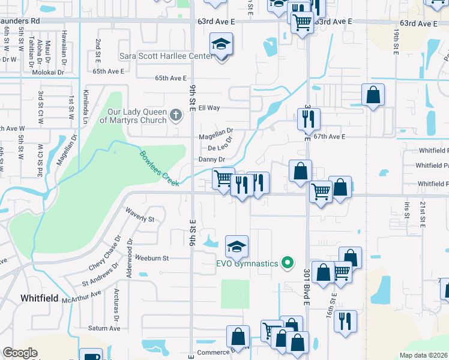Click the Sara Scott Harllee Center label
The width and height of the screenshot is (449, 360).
click(166, 56)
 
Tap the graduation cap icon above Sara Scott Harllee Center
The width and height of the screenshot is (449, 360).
click(221, 44)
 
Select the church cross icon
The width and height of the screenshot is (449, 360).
click(175, 114)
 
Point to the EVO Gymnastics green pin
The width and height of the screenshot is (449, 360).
click(288, 263)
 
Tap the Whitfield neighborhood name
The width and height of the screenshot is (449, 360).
click(40, 298)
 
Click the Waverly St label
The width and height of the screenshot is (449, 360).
click(140, 215)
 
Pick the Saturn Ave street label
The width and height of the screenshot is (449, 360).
click(104, 328)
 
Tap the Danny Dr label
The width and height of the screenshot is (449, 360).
click(211, 159)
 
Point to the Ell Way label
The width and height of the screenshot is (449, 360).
click(209, 108)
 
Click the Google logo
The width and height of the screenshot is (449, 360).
click(20, 353)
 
